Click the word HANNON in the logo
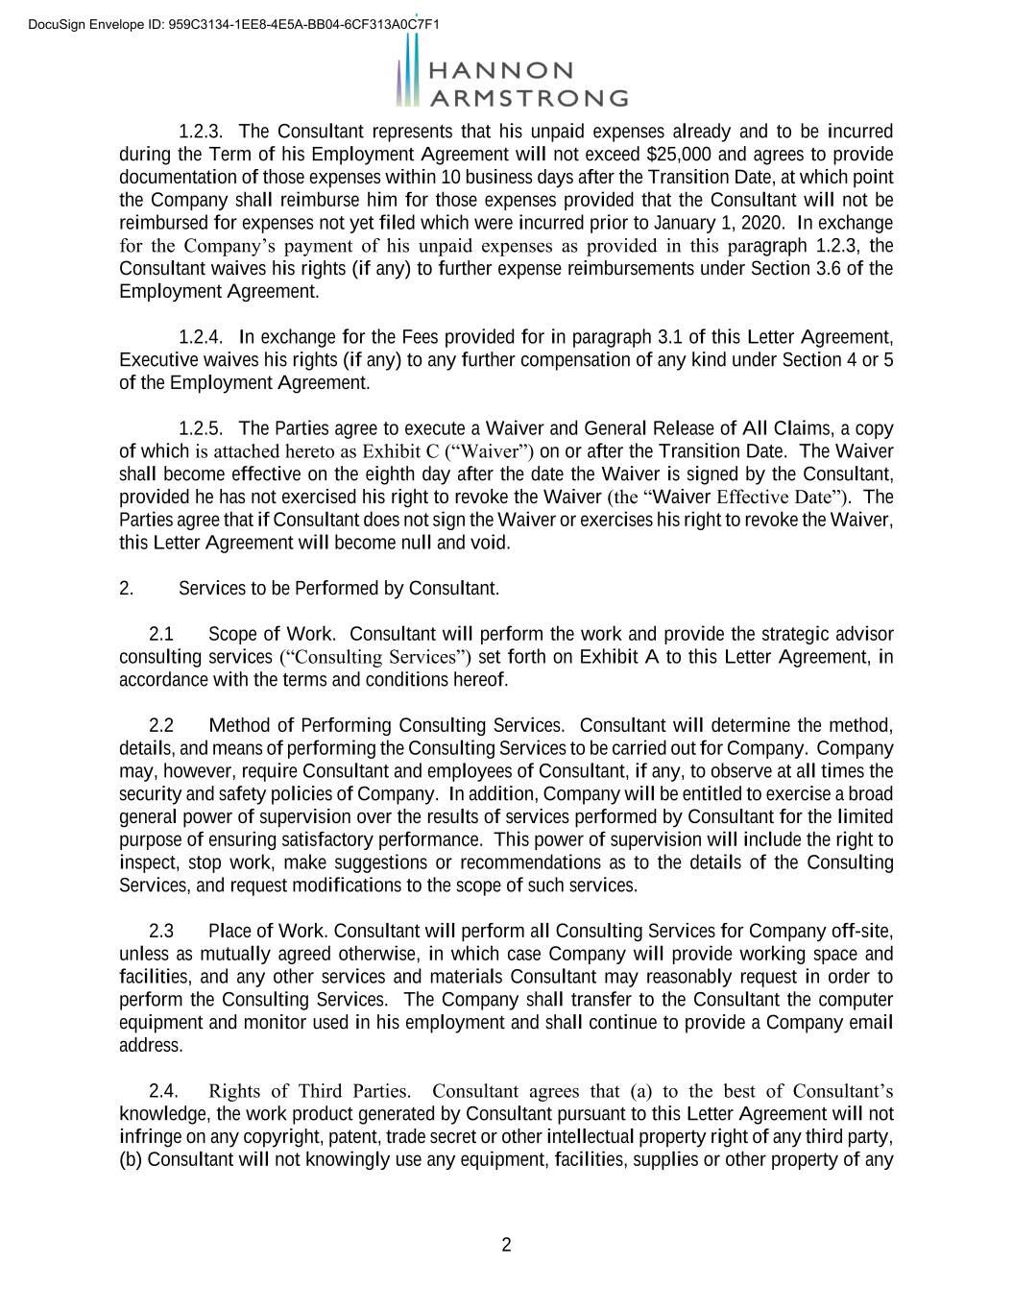[x=500, y=71]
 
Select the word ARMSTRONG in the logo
[x=528, y=98]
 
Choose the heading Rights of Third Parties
[x=309, y=1091]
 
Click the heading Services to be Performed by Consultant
[x=339, y=588]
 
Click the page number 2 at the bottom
[x=507, y=1246]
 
